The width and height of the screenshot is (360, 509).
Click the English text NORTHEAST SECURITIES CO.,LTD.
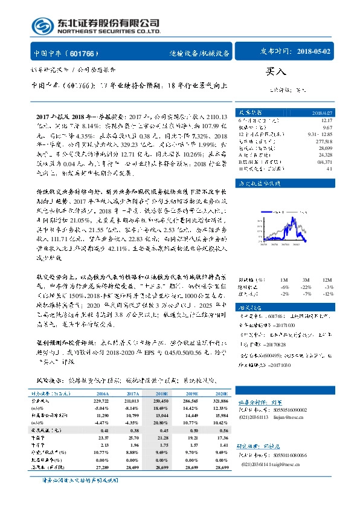[109, 31]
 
